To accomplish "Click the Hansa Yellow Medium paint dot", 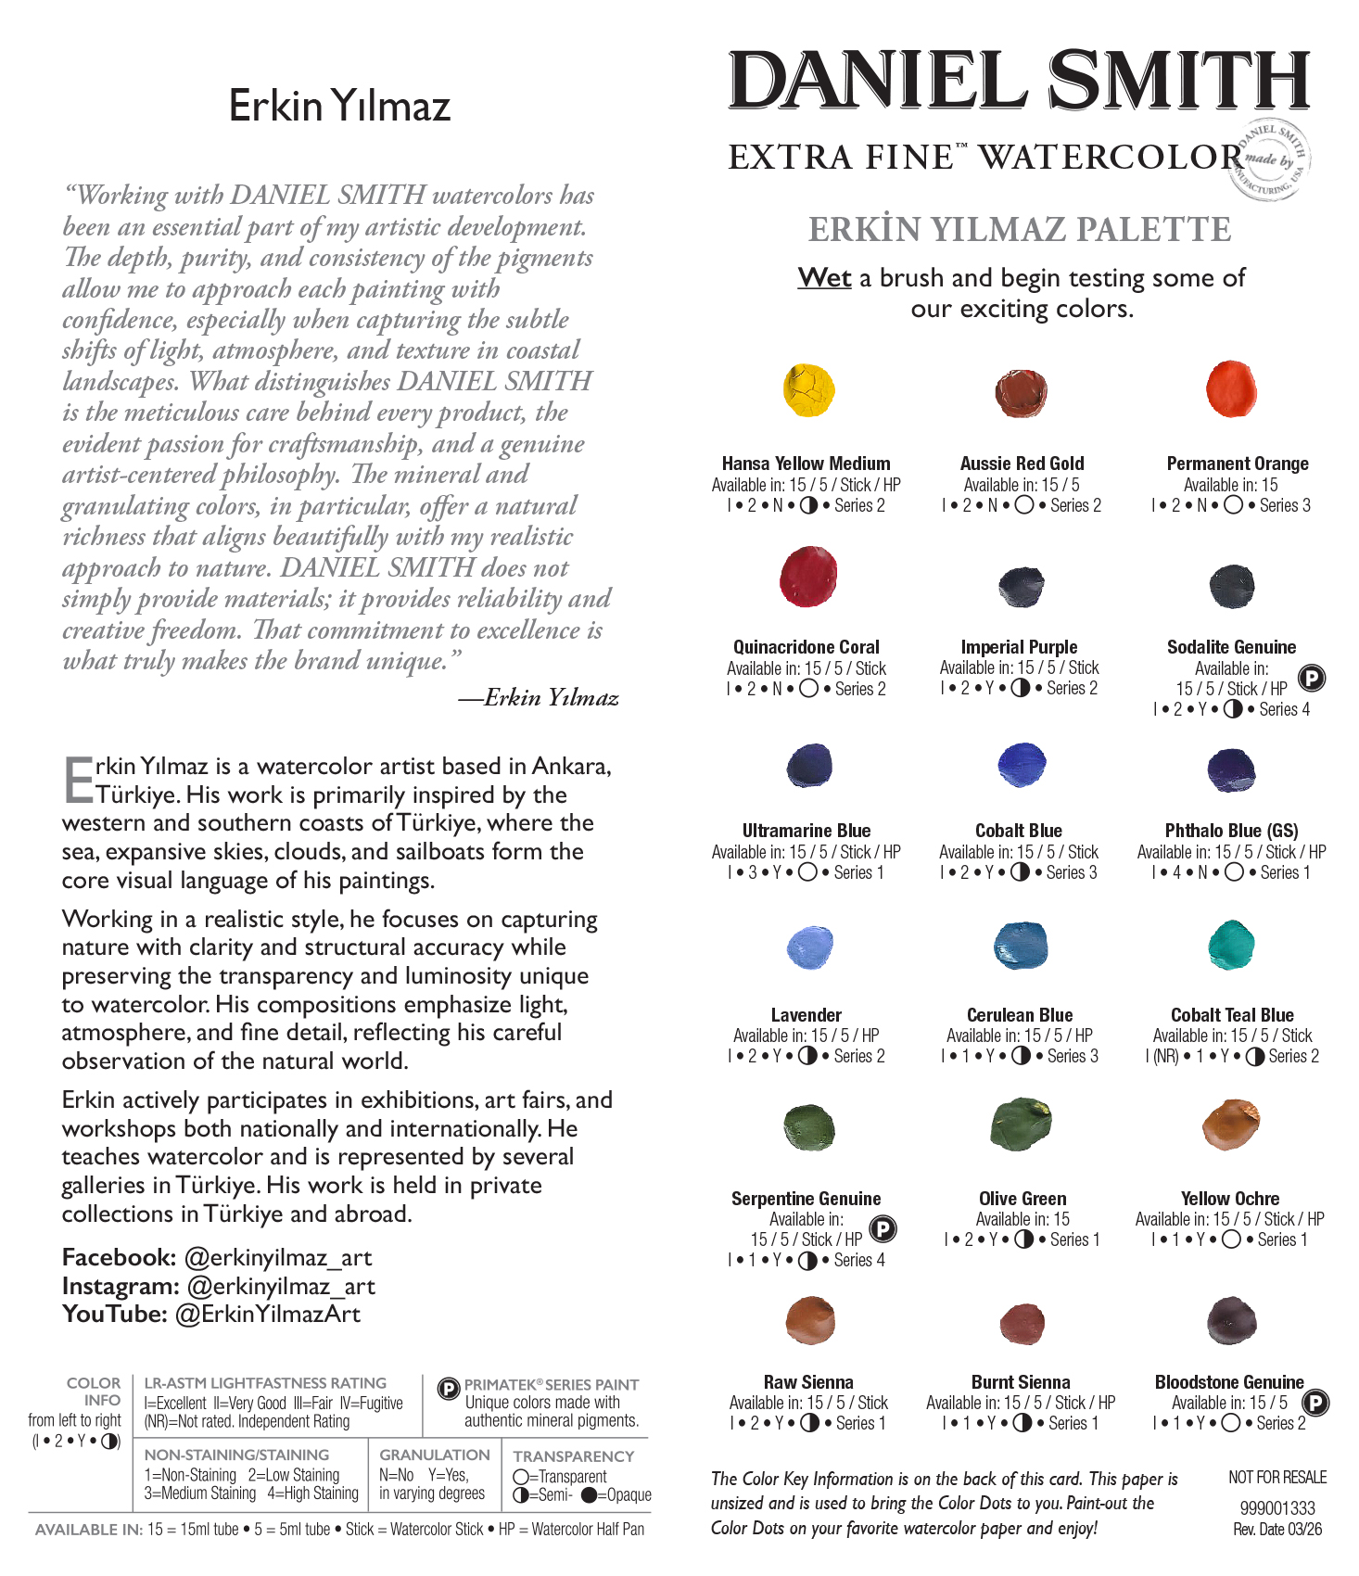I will [808, 390].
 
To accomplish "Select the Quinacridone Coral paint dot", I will [808, 576].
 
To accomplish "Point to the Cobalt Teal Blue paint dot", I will [1232, 946].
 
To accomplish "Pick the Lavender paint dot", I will [809, 947].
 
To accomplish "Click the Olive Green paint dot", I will [1021, 1124].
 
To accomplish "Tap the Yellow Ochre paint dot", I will [1231, 1124].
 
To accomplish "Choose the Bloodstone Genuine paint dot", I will [1231, 1321].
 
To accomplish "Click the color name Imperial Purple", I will [1019, 647].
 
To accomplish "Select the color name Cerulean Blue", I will [1020, 1015].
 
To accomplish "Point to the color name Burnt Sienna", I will [1021, 1382].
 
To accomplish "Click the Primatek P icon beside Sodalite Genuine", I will [1311, 679].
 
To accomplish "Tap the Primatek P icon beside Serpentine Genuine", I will [883, 1229].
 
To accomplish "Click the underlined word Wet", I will [824, 278].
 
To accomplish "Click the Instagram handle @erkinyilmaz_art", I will [281, 1287].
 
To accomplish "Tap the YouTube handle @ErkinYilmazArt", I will [268, 1315].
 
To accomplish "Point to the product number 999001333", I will [1277, 1508].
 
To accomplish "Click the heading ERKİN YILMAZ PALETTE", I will [1020, 229].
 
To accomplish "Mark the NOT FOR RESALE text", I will [1277, 1478].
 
